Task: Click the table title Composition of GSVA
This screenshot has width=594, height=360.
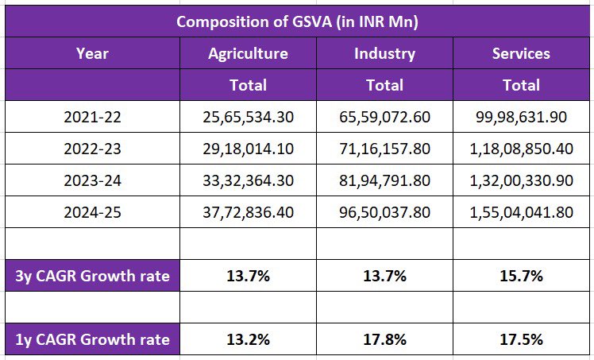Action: [297, 21]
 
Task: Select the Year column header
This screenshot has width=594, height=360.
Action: [92, 53]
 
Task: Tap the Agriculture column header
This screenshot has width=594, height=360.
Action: [248, 53]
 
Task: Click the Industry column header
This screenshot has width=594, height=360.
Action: [384, 53]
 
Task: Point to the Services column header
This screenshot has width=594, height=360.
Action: [521, 53]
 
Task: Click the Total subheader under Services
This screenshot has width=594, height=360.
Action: [521, 84]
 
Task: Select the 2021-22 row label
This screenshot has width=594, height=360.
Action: [92, 117]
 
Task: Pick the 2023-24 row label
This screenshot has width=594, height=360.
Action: [92, 180]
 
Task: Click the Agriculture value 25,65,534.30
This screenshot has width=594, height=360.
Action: [248, 117]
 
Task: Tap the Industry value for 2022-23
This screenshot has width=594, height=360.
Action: [384, 149]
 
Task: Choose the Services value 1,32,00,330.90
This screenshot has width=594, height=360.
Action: [521, 180]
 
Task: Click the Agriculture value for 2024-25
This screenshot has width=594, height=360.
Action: [248, 212]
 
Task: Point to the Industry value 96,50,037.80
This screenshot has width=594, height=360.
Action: [384, 212]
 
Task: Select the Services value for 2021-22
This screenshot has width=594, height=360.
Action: [521, 117]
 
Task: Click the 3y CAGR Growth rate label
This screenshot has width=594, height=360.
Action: [92, 277]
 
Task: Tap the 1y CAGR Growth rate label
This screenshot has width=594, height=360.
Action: [92, 339]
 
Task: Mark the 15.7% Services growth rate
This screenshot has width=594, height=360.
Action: [521, 277]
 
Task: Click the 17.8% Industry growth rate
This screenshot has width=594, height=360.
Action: [384, 339]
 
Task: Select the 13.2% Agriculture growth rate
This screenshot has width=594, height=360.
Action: [248, 339]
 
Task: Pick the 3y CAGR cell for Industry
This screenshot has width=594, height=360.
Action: [384, 277]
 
